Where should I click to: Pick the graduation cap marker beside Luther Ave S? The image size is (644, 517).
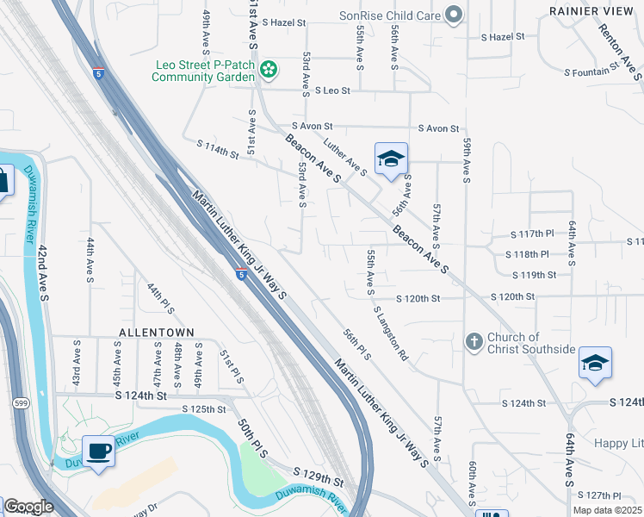(x=390, y=159)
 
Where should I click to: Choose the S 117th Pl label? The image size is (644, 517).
(x=529, y=234)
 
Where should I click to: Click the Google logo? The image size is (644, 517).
(x=28, y=507)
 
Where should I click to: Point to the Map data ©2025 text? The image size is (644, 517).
(x=607, y=510)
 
